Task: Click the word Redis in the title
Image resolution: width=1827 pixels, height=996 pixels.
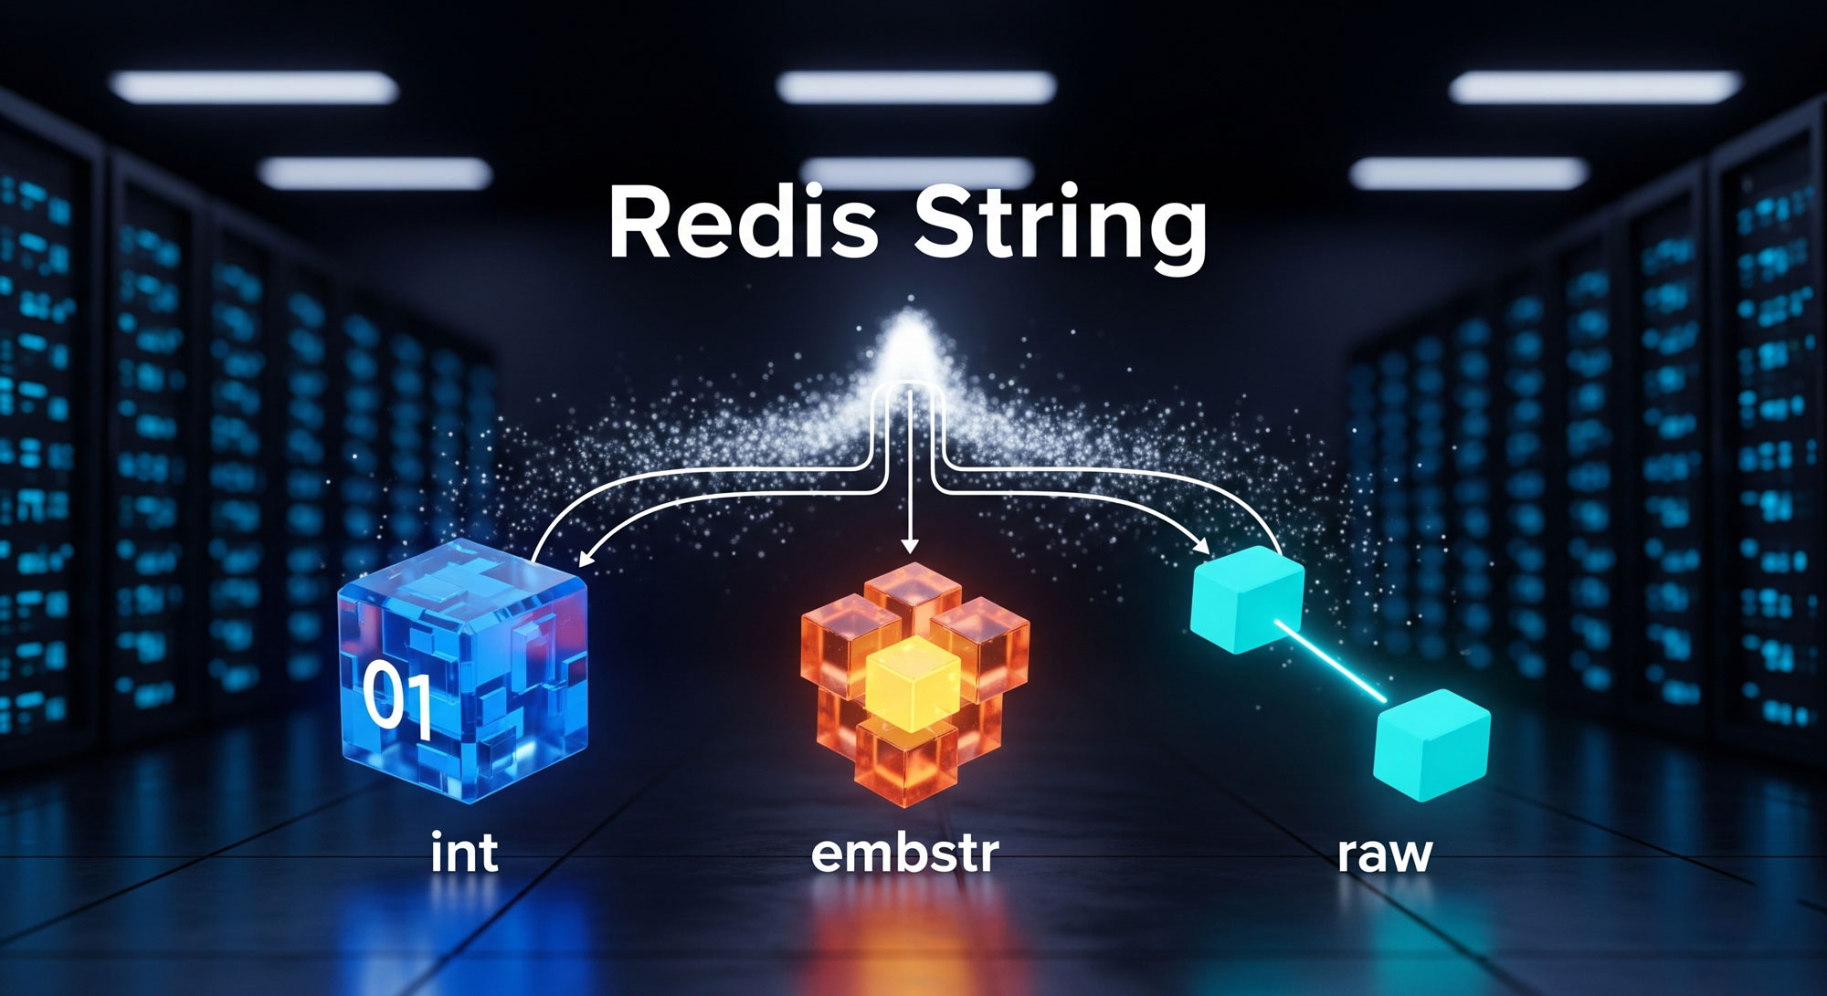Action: click(742, 224)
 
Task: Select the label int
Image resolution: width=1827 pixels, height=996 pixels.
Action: click(464, 852)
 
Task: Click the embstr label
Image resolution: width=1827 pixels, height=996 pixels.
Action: click(904, 852)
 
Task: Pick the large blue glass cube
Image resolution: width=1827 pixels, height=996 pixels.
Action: click(463, 671)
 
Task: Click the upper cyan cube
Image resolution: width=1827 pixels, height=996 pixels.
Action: click(1247, 599)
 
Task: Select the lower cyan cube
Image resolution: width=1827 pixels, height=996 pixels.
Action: click(1431, 744)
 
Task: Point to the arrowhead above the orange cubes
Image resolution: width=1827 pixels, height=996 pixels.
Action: click(908, 546)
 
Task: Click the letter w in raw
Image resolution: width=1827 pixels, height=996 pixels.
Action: click(1408, 856)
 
